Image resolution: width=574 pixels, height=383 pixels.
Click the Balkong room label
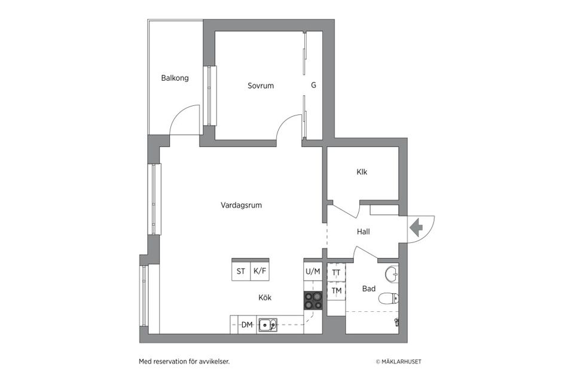(175, 78)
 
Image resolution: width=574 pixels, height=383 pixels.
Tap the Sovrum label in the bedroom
(261, 86)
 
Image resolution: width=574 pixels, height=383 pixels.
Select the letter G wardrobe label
(313, 86)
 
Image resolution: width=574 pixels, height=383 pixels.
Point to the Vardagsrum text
(241, 205)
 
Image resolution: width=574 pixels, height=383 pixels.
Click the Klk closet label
(362, 172)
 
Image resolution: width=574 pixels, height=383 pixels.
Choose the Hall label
(363, 231)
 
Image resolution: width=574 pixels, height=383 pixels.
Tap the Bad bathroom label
(369, 289)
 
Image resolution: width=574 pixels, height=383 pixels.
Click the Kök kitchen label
(265, 297)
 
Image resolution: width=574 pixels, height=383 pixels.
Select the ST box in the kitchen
(241, 271)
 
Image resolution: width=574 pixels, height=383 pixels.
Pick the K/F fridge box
(259, 271)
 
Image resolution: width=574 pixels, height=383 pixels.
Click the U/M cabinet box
(313, 271)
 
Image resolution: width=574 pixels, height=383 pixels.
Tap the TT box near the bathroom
(336, 272)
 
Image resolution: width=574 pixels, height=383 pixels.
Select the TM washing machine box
(336, 291)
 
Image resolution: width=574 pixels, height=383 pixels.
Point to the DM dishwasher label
(246, 325)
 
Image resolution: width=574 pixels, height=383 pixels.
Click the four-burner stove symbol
(313, 300)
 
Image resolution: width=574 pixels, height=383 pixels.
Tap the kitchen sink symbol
(267, 325)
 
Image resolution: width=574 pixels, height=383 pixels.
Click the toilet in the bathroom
(392, 298)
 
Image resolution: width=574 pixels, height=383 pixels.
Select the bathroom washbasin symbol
(392, 275)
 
